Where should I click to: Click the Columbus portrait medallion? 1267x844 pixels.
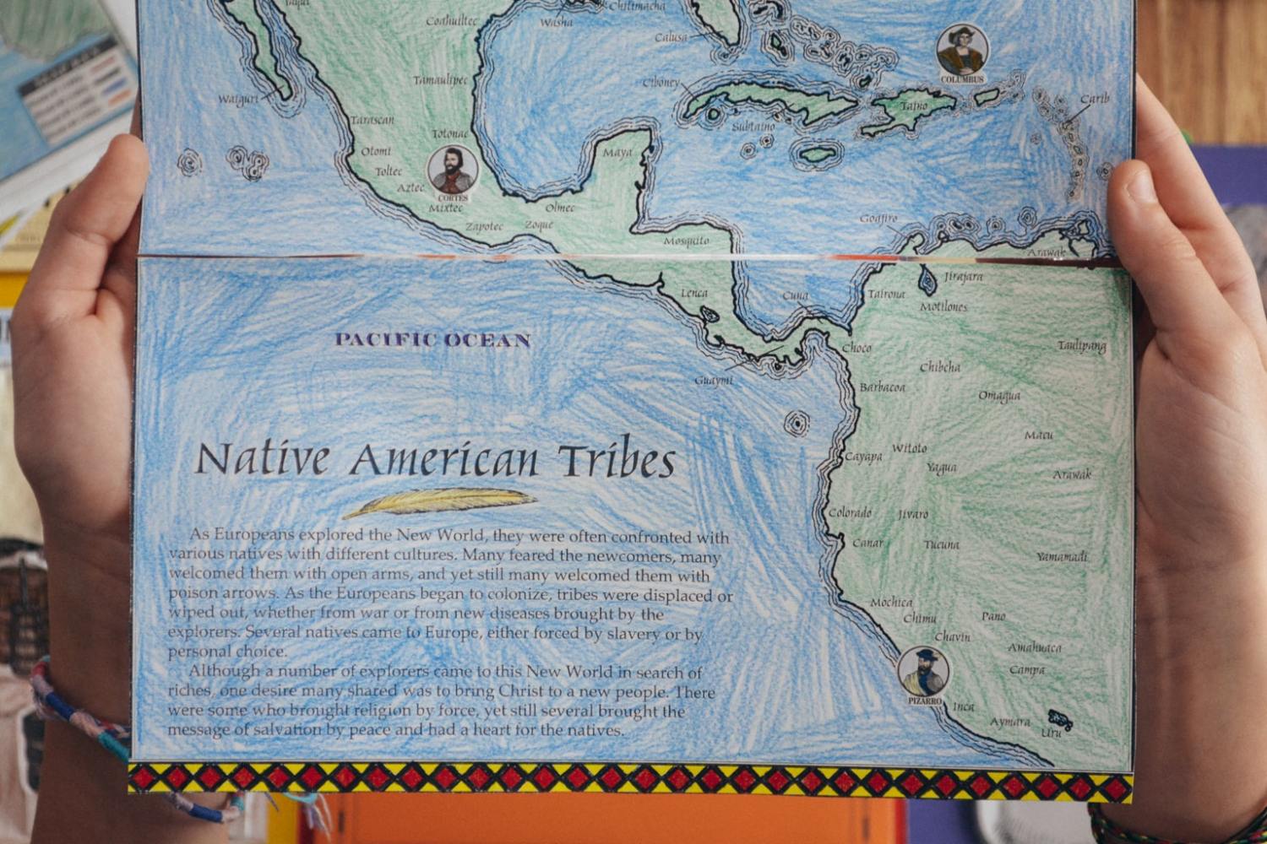click(962, 51)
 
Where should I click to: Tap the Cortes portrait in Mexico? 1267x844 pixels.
click(452, 170)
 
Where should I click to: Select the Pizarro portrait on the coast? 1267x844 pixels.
click(924, 672)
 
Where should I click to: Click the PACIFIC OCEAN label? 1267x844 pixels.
click(432, 340)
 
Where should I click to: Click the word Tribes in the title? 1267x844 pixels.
click(617, 461)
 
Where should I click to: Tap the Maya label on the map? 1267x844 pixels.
click(617, 153)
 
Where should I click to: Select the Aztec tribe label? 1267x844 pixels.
click(411, 187)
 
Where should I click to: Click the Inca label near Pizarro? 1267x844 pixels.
click(964, 706)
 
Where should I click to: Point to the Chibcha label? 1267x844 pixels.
click(940, 367)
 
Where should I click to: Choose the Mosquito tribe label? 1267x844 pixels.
click(686, 241)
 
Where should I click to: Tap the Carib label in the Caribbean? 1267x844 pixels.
click(1095, 99)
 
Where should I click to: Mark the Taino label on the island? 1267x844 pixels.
click(913, 107)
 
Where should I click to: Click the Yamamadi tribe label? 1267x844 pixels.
click(1063, 557)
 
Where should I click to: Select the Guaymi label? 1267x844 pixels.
click(714, 381)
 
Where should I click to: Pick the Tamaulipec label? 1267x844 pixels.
click(440, 80)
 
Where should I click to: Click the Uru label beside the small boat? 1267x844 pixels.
click(1051, 733)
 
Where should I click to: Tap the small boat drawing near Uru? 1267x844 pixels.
click(1060, 718)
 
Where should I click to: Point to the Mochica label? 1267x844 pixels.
click(892, 603)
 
